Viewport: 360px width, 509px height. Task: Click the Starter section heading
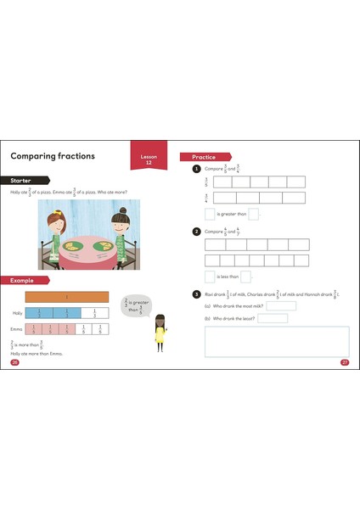point(24,182)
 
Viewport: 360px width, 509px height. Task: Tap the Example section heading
point(24,280)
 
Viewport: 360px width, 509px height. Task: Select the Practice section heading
point(204,157)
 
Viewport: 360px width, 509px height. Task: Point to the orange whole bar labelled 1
point(67,297)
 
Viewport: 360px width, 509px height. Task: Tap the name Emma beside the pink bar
point(16,328)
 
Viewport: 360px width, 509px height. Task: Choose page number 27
point(345,362)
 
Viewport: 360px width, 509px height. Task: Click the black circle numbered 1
point(196,169)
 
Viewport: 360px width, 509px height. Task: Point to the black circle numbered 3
point(196,294)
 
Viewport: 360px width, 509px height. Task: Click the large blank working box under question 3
point(277,340)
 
